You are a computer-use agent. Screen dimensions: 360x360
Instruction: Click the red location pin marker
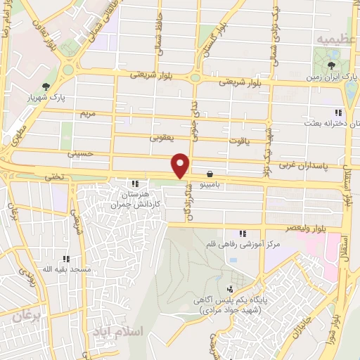point(181,165)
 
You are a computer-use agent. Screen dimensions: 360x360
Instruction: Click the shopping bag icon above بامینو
point(210,173)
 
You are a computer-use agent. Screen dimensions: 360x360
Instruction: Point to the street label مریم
point(87,113)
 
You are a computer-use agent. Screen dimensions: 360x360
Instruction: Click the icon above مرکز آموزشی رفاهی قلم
point(243,233)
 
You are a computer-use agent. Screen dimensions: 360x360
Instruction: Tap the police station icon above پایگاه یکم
point(229,288)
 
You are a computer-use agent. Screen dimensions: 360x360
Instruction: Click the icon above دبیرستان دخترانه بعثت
point(337,112)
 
